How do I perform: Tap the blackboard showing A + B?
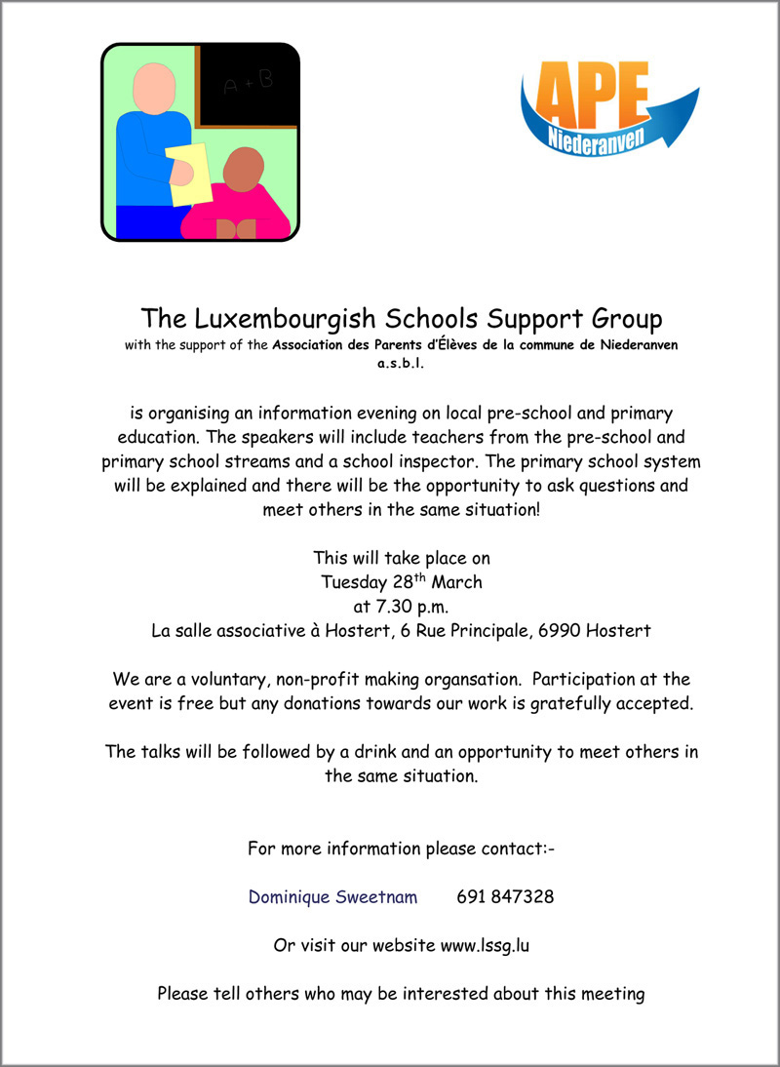tap(250, 87)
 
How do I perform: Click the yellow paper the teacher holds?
tap(190, 175)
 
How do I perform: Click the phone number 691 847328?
tap(505, 896)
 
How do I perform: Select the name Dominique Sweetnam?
tap(332, 896)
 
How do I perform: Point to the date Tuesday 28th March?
tap(401, 582)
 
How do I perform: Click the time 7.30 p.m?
tap(401, 607)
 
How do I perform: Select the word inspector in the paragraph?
tap(601, 460)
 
